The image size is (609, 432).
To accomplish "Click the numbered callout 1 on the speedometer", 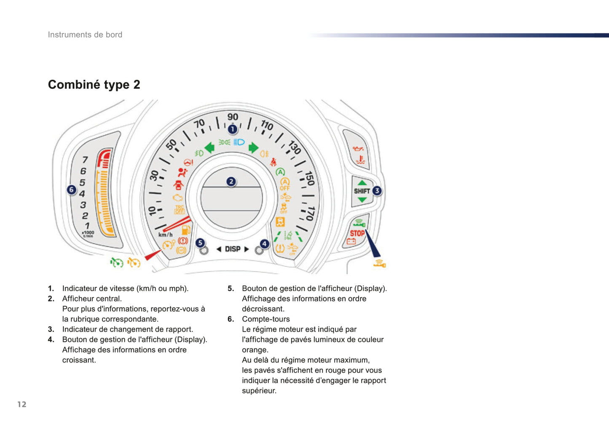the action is tap(233, 129).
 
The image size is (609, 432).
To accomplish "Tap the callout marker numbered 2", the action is tap(231, 181).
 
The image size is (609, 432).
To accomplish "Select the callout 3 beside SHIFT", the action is tap(377, 191).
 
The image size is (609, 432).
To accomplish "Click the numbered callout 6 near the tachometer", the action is tap(72, 189).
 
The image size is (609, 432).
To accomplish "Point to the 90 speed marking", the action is tap(233, 117).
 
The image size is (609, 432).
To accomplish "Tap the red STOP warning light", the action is tap(357, 233).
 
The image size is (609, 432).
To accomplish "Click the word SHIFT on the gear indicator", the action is tap(362, 191).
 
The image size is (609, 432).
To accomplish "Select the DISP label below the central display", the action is tap(233, 249).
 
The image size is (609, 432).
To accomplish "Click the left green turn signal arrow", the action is tap(209, 148).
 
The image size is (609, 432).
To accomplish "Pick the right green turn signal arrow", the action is tap(253, 148).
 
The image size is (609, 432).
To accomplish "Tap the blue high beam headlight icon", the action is tap(239, 142).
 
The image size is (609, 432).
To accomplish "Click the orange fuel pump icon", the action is tap(186, 230).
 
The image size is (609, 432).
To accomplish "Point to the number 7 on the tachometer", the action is tap(85, 160).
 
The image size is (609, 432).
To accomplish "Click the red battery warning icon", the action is tap(351, 241).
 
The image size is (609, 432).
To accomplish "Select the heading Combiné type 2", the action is tap(94, 85).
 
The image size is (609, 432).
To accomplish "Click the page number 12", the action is tap(22, 404).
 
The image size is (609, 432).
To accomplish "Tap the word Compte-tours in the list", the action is tap(266, 319).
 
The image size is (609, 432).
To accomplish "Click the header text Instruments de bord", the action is tap(85, 35).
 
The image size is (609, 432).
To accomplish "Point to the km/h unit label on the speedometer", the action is tap(166, 235).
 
